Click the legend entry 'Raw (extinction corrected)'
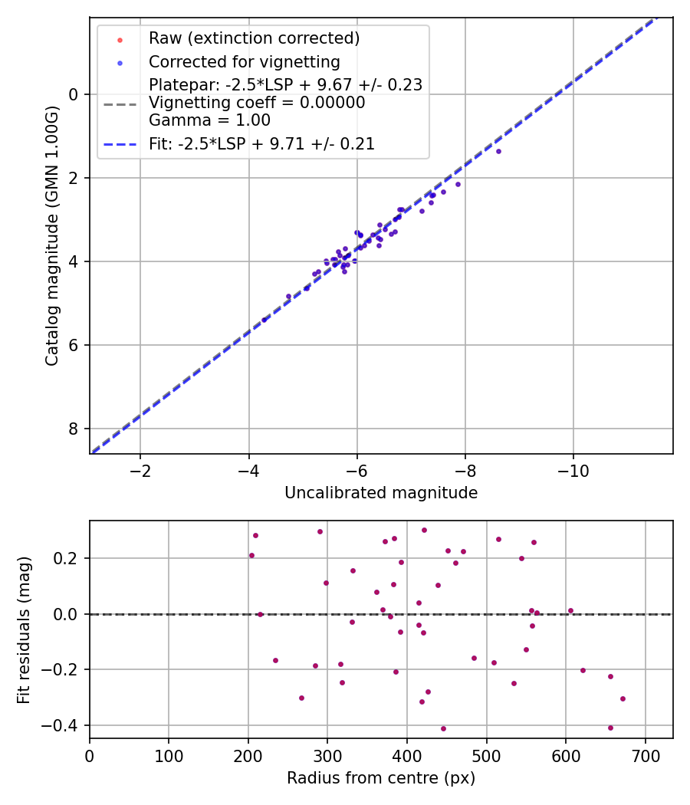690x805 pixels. (254, 38)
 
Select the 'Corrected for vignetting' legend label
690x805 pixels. (244, 61)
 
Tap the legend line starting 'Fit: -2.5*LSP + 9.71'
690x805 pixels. (261, 143)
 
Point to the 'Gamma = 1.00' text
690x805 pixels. (209, 120)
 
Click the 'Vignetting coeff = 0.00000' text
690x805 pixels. (257, 102)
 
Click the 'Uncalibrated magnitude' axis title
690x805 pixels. (381, 493)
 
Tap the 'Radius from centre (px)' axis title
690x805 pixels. (381, 778)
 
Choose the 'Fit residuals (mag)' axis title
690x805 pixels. (24, 629)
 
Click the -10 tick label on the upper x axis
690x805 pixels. (573, 470)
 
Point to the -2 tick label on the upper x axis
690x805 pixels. (140, 470)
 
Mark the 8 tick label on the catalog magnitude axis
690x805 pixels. (74, 429)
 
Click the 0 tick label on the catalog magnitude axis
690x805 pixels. (74, 94)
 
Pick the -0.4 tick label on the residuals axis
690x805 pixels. (62, 725)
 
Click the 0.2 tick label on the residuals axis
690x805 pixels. (67, 558)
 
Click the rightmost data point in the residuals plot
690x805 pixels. (623, 698)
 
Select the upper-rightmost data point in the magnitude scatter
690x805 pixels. (498, 151)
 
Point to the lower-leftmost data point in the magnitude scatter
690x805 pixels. (264, 320)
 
